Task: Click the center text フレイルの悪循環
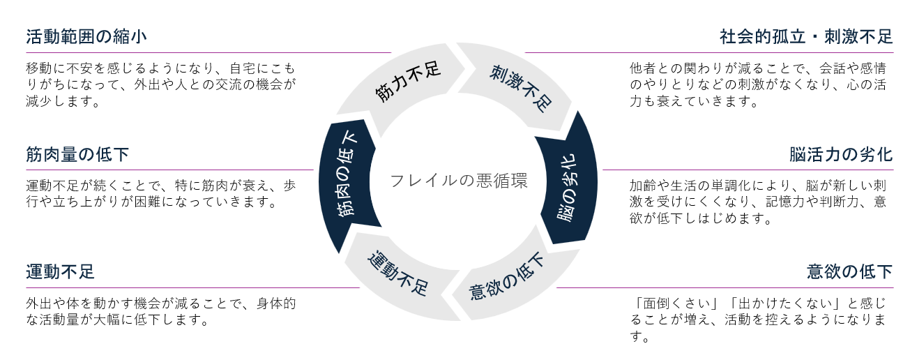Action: [458, 181]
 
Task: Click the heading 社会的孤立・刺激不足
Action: [806, 36]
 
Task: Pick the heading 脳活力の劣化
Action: [841, 153]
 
